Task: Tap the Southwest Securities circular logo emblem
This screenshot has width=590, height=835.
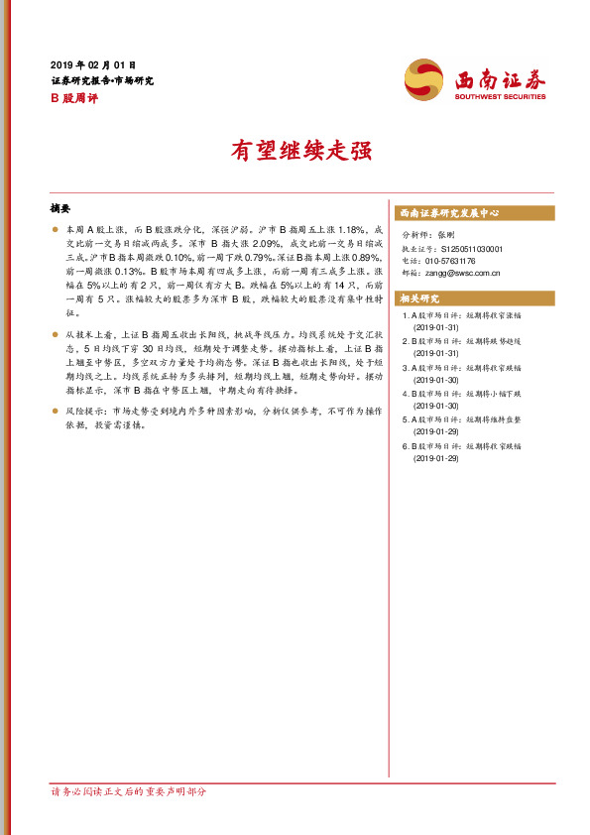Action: [423, 79]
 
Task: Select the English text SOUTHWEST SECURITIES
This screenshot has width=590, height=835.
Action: [499, 96]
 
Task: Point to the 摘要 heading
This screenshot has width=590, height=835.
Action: [60, 209]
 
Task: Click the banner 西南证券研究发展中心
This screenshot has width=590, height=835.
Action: [449, 213]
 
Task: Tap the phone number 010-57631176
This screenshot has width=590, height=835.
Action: [451, 261]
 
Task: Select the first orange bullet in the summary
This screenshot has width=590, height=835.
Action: [56, 229]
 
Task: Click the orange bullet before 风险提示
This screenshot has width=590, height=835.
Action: [56, 410]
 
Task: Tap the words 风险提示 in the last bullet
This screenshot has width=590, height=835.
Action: [80, 410]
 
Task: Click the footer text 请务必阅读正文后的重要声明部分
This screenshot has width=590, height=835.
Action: [129, 791]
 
